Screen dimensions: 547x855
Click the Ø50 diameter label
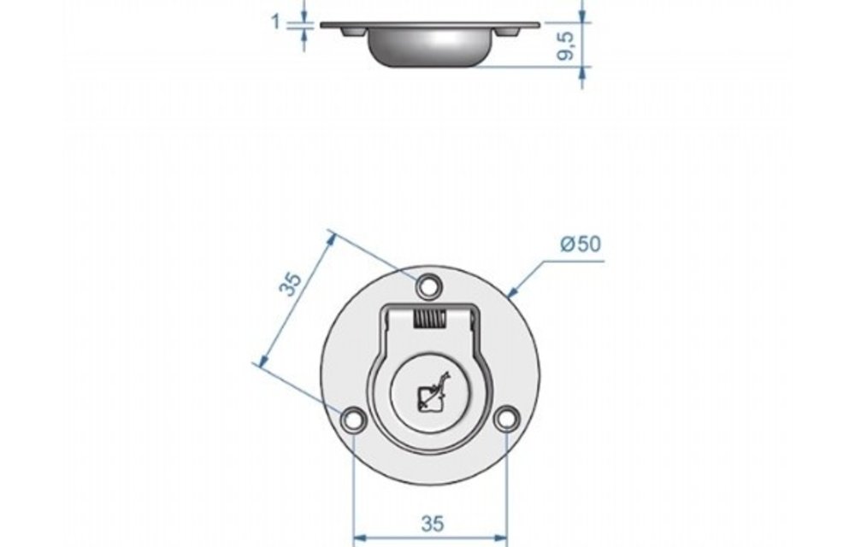coord(581,244)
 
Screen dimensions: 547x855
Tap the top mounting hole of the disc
coord(430,282)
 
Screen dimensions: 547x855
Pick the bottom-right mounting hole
coord(507,418)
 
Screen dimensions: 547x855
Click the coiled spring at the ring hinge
coord(430,321)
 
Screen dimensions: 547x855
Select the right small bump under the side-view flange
coord(510,32)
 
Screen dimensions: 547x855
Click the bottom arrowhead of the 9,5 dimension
coord(582,74)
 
